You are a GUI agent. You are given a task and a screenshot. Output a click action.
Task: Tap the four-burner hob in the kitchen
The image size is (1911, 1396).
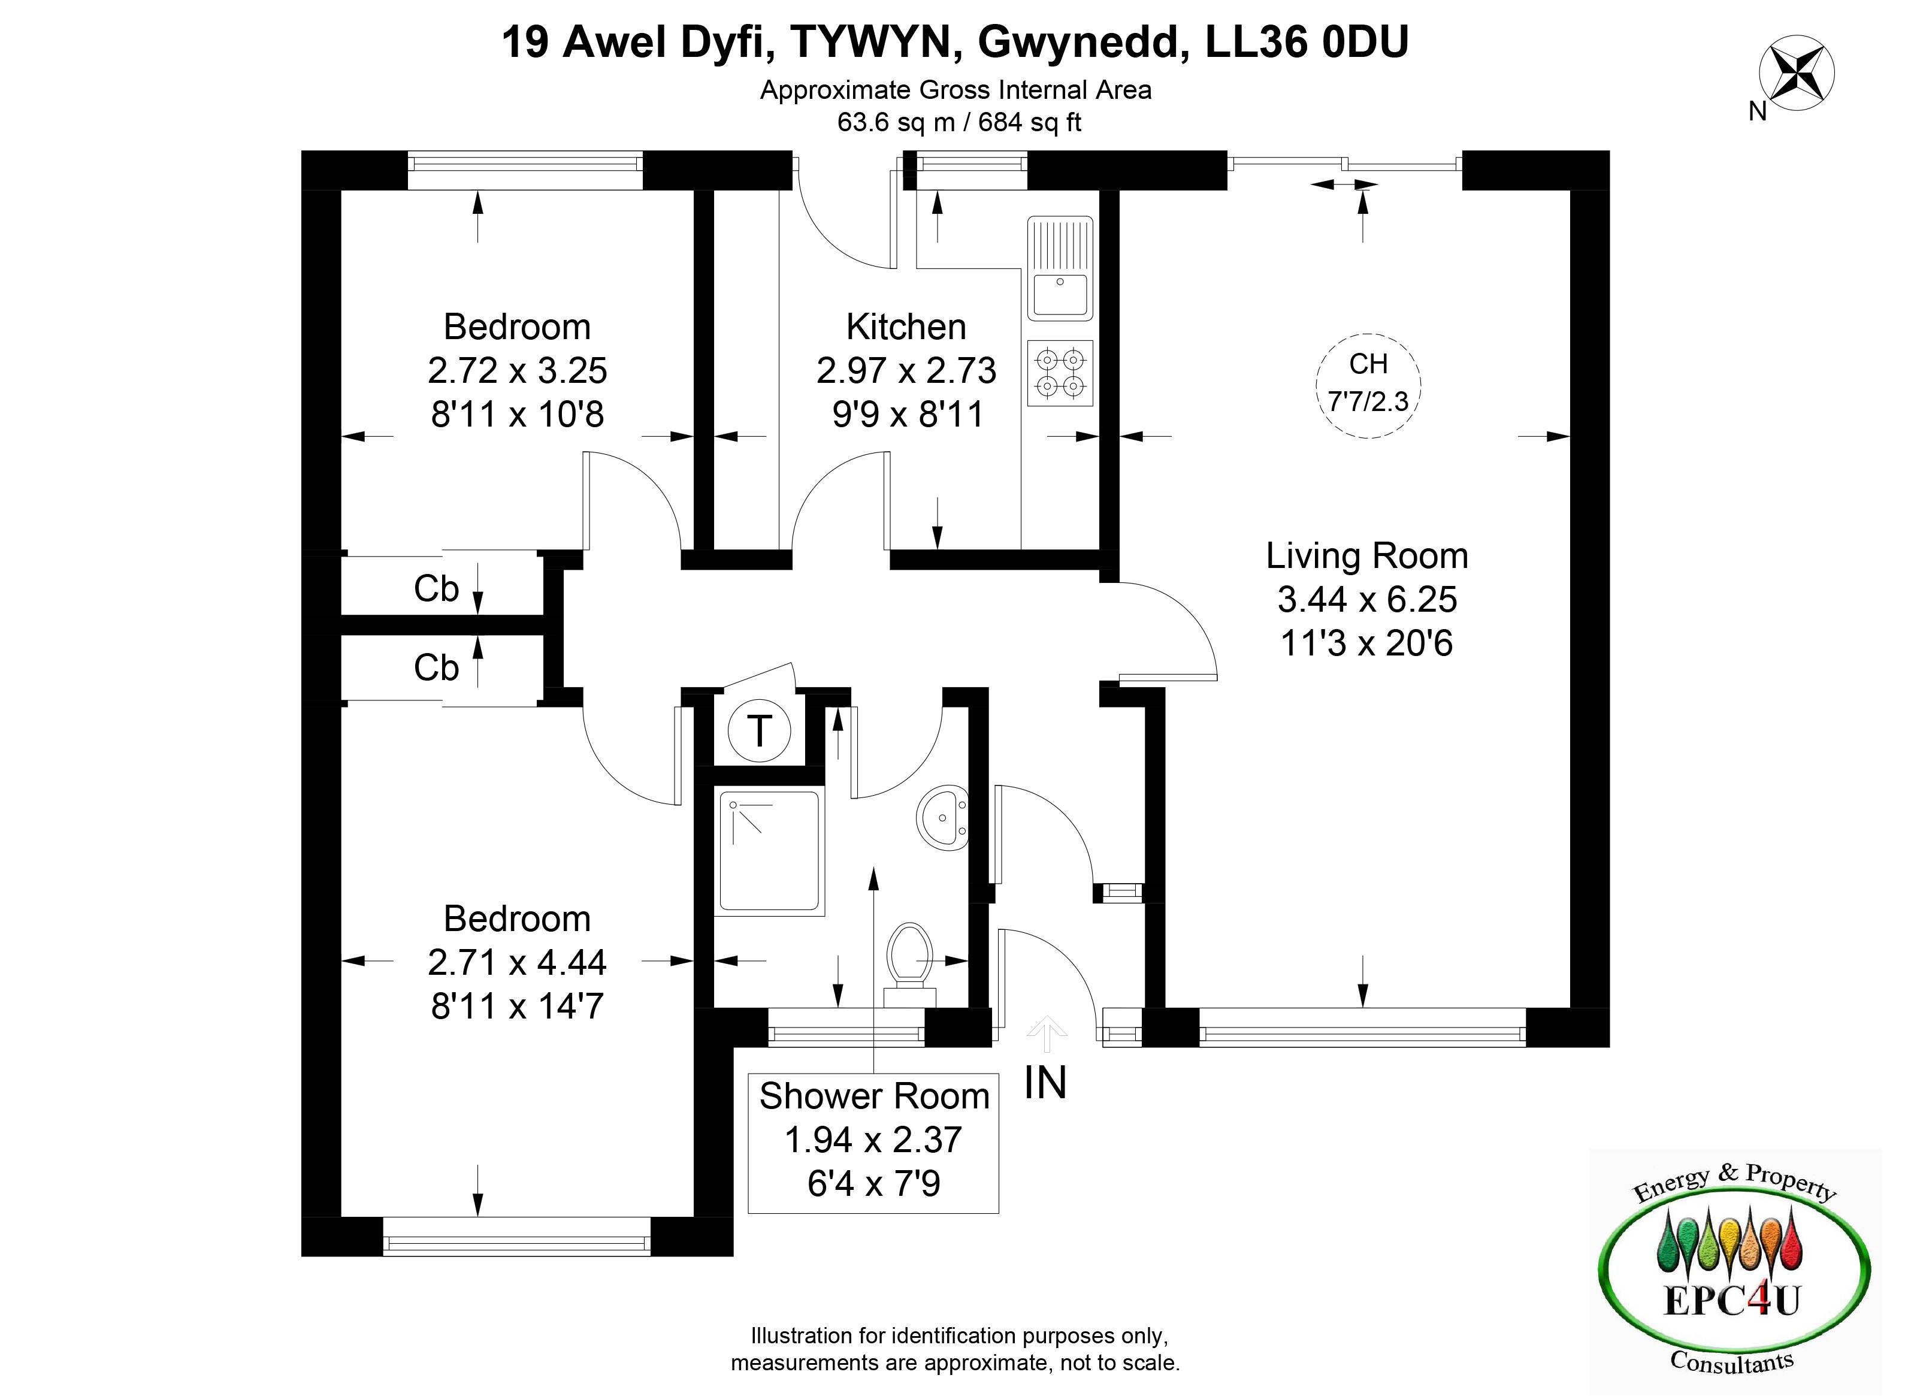1060,373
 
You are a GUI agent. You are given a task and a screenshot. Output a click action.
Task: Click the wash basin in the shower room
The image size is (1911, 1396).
942,817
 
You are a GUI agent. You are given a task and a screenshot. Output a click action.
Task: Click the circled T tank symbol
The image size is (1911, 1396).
760,730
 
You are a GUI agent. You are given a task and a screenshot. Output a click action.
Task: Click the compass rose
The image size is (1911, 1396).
1796,72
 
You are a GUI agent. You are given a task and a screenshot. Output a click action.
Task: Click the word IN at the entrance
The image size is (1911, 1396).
1045,1083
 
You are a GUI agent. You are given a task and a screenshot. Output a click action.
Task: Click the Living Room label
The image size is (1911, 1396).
1367,556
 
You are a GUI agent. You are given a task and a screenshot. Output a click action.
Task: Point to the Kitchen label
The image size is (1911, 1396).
906,327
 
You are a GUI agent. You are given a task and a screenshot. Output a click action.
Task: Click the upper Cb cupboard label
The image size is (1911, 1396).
436,589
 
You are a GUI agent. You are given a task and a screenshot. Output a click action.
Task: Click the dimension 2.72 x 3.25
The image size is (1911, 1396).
517,371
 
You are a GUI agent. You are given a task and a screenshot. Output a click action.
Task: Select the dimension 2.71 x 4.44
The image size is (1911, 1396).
517,962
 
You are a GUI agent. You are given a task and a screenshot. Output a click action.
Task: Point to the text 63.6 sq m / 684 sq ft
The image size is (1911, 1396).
959,123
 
